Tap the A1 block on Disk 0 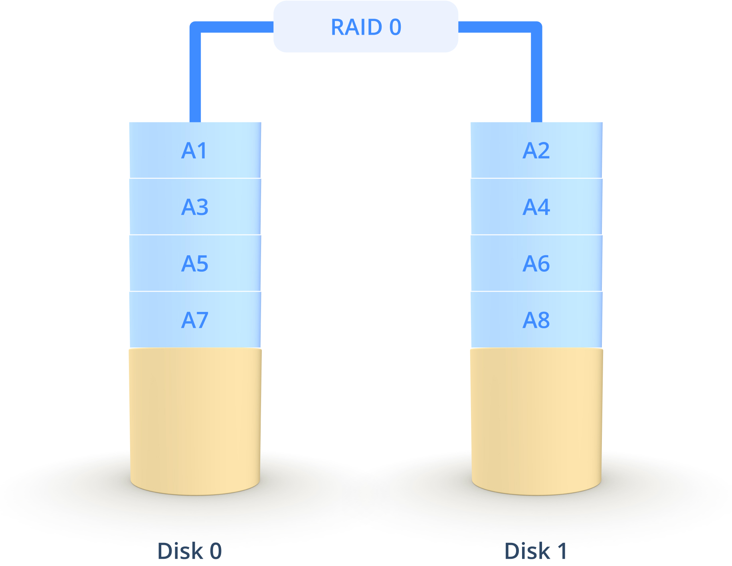tap(195, 150)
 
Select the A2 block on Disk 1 tap(536, 150)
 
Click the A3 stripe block tap(195, 207)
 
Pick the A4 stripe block tap(536, 207)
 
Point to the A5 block tap(195, 263)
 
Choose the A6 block tap(536, 263)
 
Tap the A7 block tap(195, 319)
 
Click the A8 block tap(536, 319)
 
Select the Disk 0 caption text tap(189, 551)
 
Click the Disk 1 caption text tap(535, 551)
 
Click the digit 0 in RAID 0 tap(395, 27)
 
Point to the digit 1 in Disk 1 tap(562, 551)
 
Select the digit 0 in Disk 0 tap(216, 551)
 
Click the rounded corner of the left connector tap(194, 26)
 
